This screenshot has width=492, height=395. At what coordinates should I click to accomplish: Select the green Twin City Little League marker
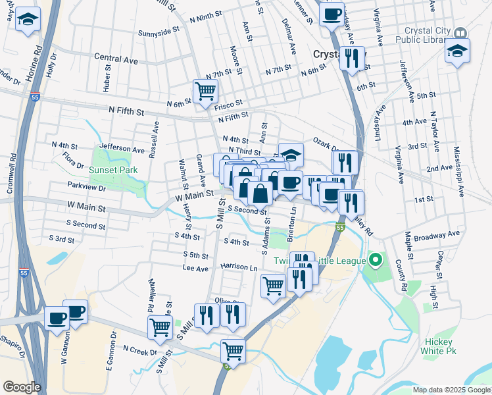[x=376, y=261]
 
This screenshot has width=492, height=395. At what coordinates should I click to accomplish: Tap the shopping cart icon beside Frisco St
[x=205, y=91]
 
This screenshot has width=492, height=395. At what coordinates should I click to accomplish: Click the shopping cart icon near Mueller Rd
[x=160, y=327]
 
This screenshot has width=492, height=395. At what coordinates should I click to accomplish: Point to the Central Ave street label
[x=116, y=59]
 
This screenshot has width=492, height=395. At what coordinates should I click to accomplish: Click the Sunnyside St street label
[x=159, y=31]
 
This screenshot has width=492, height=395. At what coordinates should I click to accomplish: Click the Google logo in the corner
[x=22, y=387]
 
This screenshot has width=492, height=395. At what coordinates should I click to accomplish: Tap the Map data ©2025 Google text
[x=451, y=390]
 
